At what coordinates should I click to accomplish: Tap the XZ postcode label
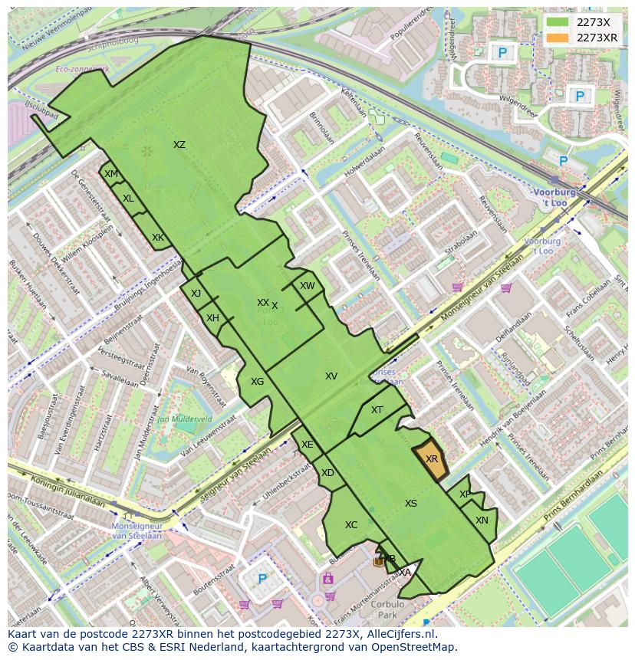[x=179, y=145]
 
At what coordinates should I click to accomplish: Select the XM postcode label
[x=111, y=174]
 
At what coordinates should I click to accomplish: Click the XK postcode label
[x=157, y=238]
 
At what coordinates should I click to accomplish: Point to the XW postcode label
[x=307, y=286]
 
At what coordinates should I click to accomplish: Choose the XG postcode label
[x=257, y=382]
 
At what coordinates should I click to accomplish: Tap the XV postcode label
[x=331, y=376]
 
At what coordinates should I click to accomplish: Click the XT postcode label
[x=377, y=410]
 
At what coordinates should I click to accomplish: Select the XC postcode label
[x=351, y=525]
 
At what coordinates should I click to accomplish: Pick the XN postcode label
[x=482, y=520]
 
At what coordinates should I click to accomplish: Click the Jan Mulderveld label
[x=184, y=419]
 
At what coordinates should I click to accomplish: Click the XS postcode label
[x=411, y=504]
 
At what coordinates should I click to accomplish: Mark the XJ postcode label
[x=196, y=294]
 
